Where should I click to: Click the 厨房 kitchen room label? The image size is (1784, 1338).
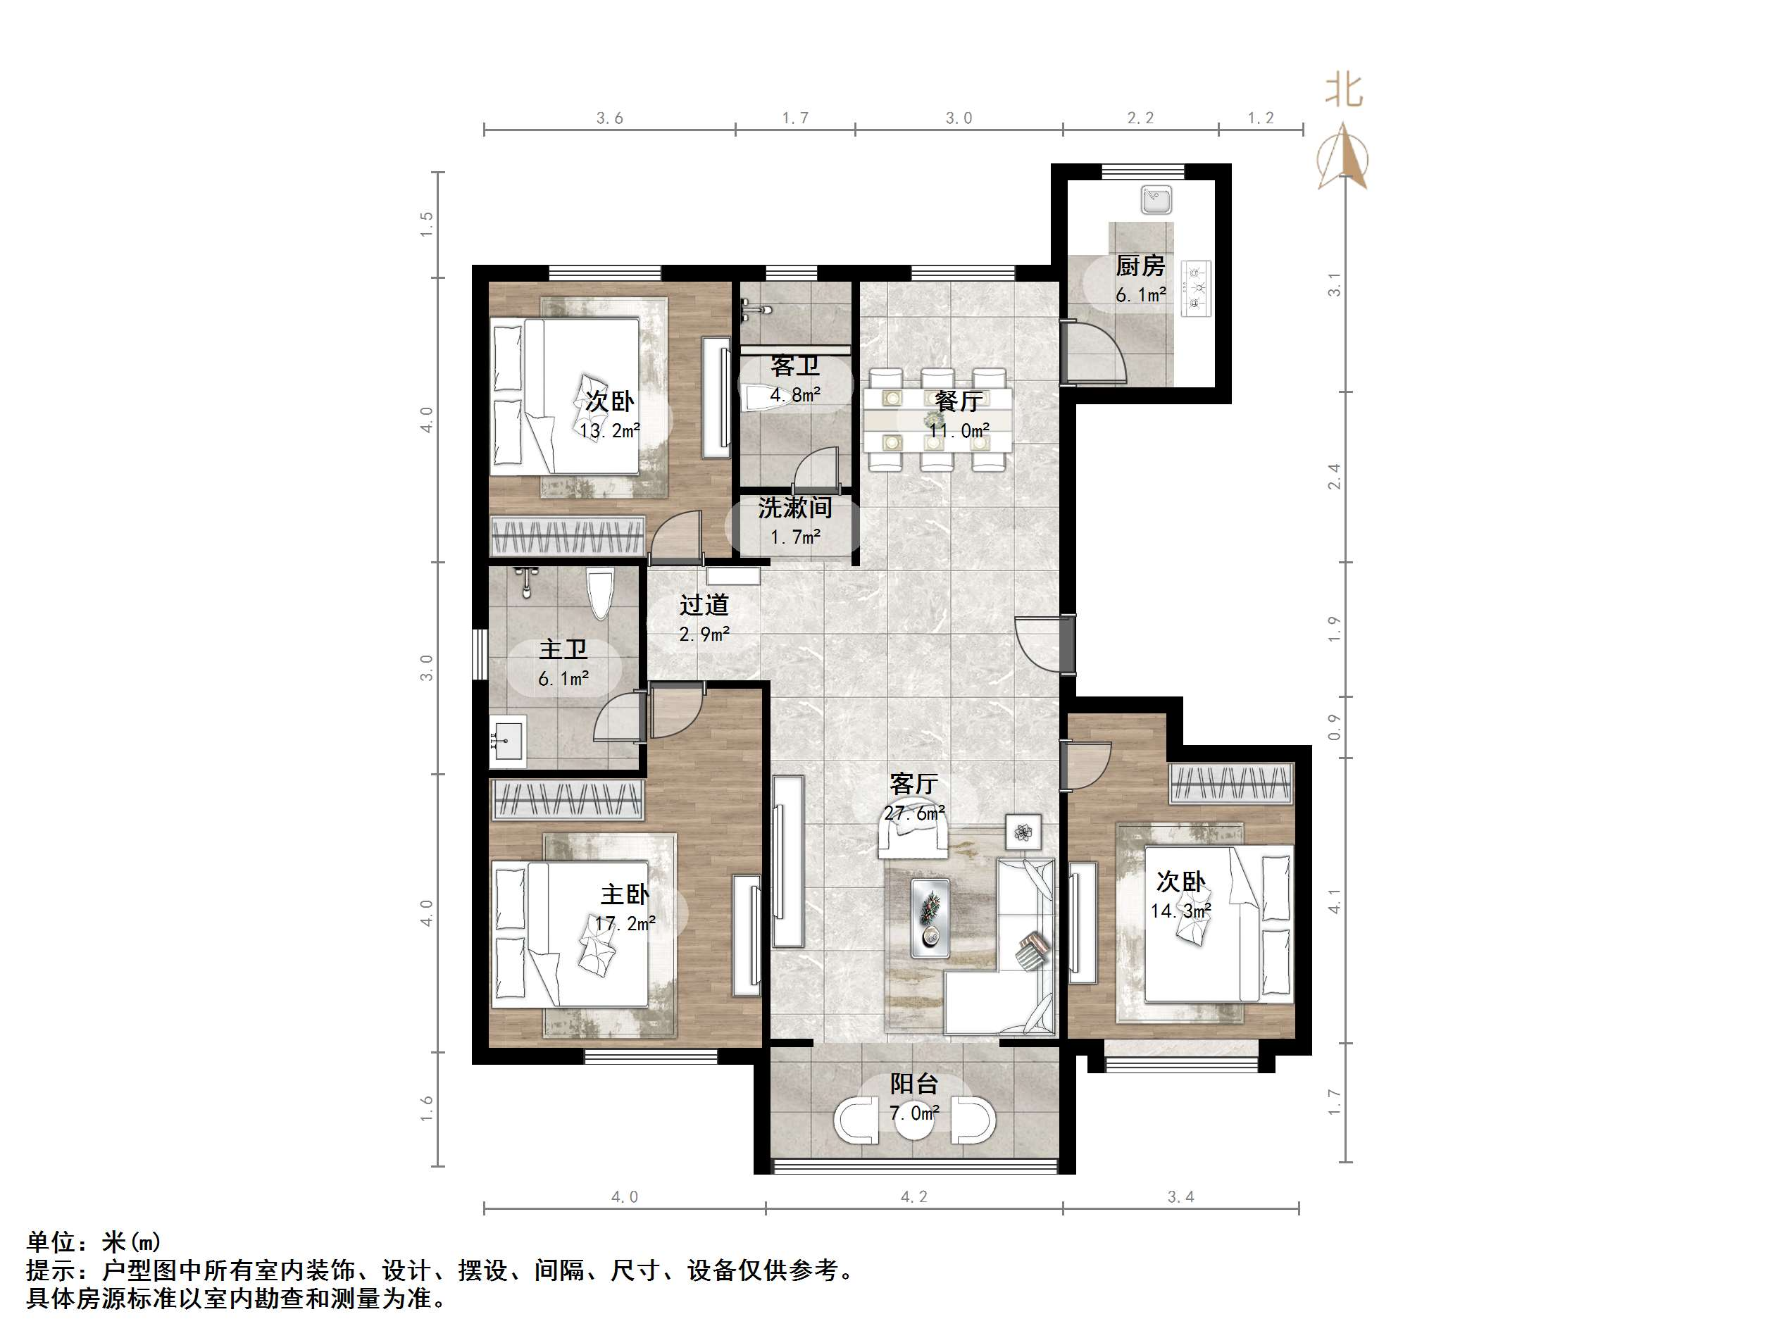pyautogui.click(x=1140, y=265)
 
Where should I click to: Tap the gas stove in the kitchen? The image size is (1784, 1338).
pyautogui.click(x=1195, y=288)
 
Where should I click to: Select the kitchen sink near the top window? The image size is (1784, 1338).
pyautogui.click(x=1156, y=200)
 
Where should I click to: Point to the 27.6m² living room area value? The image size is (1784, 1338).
pyautogui.click(x=913, y=813)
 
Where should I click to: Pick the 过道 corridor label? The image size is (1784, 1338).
pyautogui.click(x=704, y=604)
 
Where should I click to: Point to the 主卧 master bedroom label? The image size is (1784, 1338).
pyautogui.click(x=624, y=894)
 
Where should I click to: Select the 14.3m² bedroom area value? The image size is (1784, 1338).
pyautogui.click(x=1180, y=911)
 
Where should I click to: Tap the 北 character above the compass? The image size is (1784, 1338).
pyautogui.click(x=1344, y=89)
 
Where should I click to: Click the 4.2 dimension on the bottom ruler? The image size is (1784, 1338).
pyautogui.click(x=913, y=1197)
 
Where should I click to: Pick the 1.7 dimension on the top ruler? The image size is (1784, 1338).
pyautogui.click(x=794, y=118)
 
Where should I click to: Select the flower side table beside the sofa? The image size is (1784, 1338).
pyautogui.click(x=1023, y=832)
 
